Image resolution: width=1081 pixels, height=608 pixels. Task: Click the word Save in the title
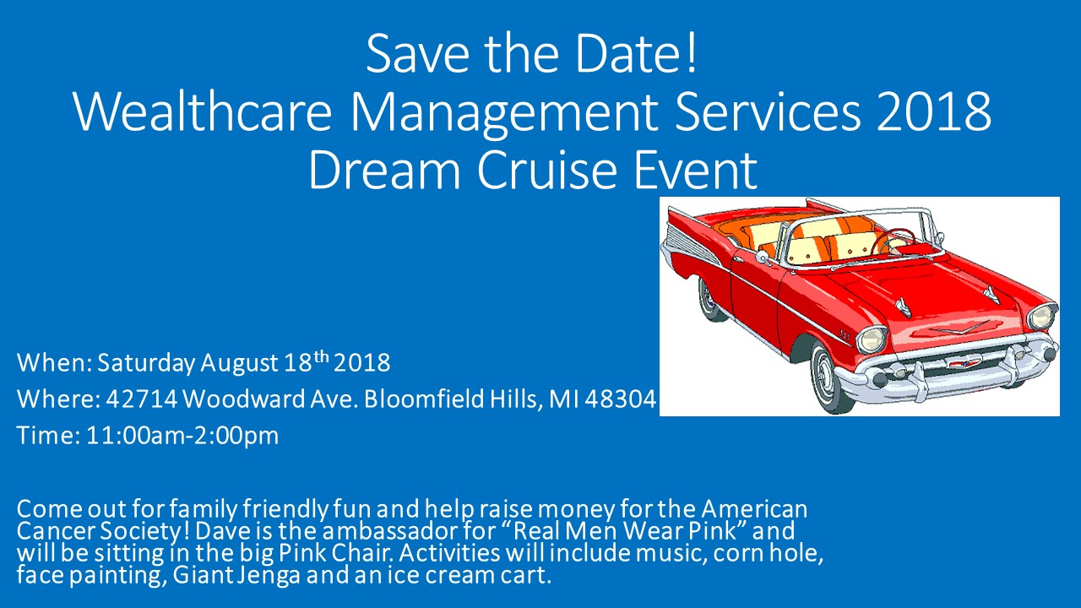point(417,53)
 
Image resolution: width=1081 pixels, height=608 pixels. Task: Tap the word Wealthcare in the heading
point(202,112)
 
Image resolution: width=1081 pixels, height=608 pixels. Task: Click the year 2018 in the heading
point(934,112)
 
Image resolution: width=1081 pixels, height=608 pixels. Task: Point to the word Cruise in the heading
point(547,170)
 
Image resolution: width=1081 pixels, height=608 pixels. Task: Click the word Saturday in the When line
point(146,363)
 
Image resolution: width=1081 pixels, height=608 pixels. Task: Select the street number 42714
point(142,399)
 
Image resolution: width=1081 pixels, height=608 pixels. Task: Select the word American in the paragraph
point(754,509)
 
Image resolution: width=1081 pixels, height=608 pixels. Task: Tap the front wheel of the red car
point(831,377)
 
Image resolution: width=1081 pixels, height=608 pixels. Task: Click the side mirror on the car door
point(763,256)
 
